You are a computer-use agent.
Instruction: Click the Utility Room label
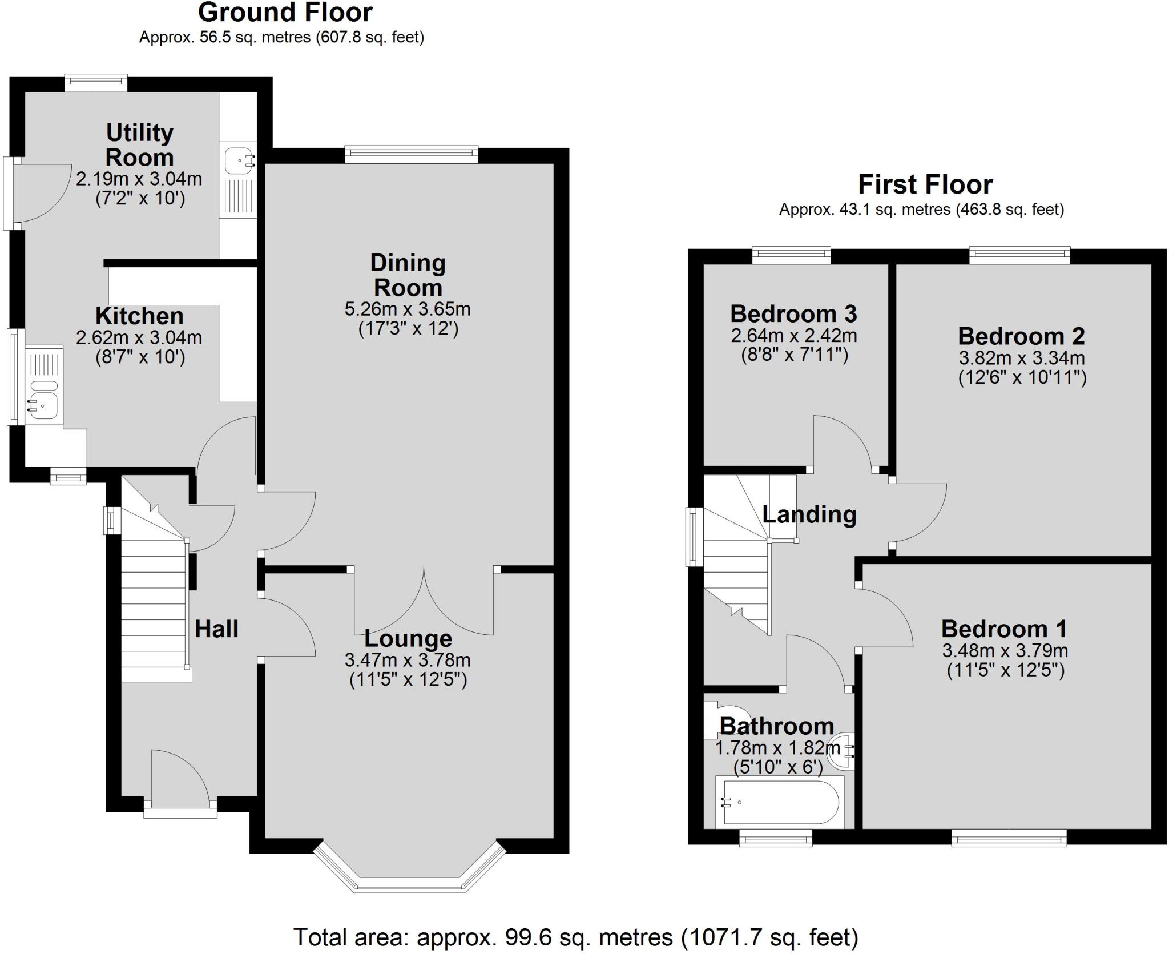[x=139, y=145]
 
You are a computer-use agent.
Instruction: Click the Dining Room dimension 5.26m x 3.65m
[x=408, y=309]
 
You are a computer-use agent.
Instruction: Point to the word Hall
[x=216, y=629]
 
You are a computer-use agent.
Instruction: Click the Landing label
[x=809, y=514]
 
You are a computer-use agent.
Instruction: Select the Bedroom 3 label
[x=793, y=313]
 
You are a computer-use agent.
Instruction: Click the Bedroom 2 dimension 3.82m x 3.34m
[x=1022, y=358]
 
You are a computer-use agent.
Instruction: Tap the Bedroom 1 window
[x=1009, y=838]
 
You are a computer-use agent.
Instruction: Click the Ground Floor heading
[x=285, y=13]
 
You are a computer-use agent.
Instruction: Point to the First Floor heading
[x=925, y=184]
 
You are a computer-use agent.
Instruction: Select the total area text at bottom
[x=575, y=937]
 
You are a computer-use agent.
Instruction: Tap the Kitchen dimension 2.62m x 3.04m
[x=139, y=337]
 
